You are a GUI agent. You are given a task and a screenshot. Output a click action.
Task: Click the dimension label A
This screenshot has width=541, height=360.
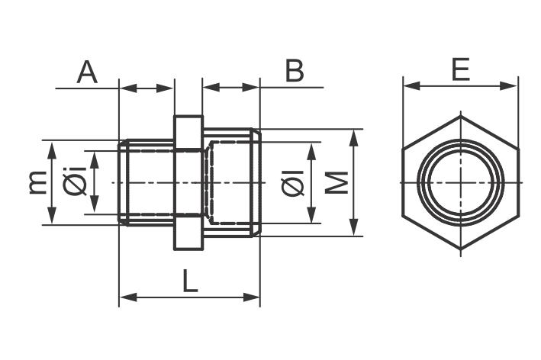tap(88, 72)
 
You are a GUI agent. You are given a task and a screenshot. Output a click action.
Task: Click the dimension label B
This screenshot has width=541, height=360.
tap(294, 71)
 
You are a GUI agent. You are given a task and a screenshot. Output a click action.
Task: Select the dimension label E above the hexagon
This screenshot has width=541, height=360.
tap(460, 69)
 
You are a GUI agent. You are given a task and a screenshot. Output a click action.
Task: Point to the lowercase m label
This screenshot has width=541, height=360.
tap(35, 183)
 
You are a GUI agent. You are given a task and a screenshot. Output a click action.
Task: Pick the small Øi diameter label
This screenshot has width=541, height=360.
tap(74, 183)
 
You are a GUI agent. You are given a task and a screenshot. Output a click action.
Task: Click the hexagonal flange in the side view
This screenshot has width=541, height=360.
tap(188, 183)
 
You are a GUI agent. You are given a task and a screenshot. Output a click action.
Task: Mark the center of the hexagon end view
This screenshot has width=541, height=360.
tap(461, 183)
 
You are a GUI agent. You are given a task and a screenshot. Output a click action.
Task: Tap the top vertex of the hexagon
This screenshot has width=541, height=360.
tap(461, 116)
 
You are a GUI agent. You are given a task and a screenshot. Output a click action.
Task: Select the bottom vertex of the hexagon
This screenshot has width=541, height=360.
tap(461, 250)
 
